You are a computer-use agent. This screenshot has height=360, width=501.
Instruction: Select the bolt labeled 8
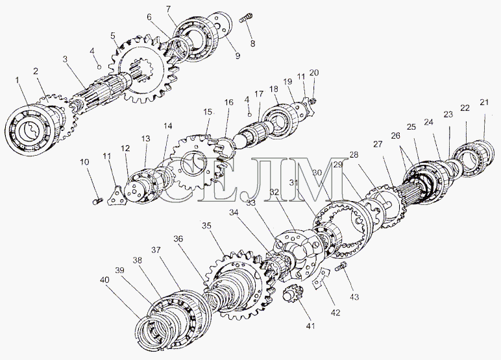(246, 18)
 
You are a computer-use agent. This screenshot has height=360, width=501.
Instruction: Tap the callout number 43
(354, 297)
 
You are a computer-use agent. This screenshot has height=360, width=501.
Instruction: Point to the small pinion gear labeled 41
(291, 293)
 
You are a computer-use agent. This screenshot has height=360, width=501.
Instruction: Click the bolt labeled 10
(98, 201)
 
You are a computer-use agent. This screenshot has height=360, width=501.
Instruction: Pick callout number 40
(104, 280)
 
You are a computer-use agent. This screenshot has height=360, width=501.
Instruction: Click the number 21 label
(484, 102)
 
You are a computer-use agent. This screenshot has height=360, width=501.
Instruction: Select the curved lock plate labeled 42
(321, 278)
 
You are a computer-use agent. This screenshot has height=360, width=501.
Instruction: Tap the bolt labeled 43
(341, 267)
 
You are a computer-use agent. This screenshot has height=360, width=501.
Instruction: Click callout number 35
(207, 226)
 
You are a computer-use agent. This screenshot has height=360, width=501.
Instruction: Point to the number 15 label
(208, 112)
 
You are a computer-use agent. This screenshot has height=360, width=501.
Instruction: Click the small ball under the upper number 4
(99, 67)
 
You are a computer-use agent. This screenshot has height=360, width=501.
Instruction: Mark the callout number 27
(378, 145)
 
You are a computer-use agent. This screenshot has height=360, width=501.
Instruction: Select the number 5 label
(113, 36)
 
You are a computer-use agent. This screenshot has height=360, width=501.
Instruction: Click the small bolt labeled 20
(313, 102)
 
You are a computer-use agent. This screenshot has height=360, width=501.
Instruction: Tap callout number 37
(156, 250)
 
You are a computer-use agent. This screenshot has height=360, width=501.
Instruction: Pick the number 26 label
(396, 136)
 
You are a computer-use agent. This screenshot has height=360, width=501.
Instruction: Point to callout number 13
(146, 139)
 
